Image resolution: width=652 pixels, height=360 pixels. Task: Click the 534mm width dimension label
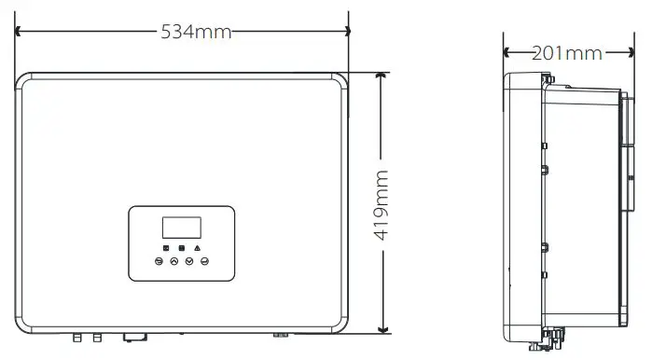pos(195,32)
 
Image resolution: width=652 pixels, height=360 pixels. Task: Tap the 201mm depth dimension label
pos(566,53)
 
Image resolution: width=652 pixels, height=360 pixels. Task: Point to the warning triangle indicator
pos(199,249)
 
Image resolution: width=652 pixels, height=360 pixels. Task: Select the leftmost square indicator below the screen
pos(165,249)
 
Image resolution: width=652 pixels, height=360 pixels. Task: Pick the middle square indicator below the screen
pos(182,249)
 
